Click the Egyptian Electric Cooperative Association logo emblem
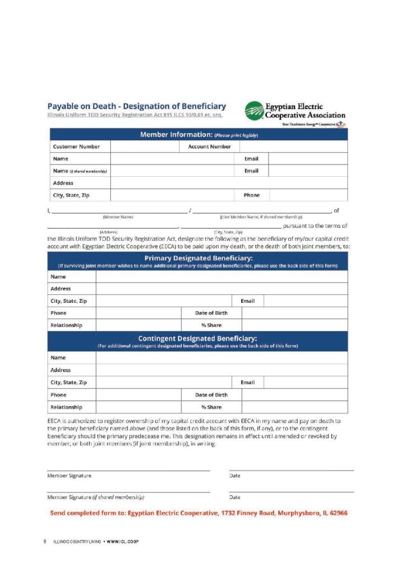(x=255, y=110)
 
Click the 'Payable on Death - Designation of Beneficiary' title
(x=136, y=106)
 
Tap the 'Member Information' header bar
(x=199, y=135)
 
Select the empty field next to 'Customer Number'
(x=145, y=147)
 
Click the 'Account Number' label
(x=209, y=147)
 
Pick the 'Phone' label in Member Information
(x=251, y=195)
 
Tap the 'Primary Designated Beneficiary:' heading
(x=199, y=258)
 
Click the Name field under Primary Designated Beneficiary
(x=222, y=277)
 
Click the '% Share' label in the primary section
(x=211, y=325)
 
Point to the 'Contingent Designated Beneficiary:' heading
(x=197, y=339)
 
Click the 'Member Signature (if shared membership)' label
(x=96, y=497)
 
